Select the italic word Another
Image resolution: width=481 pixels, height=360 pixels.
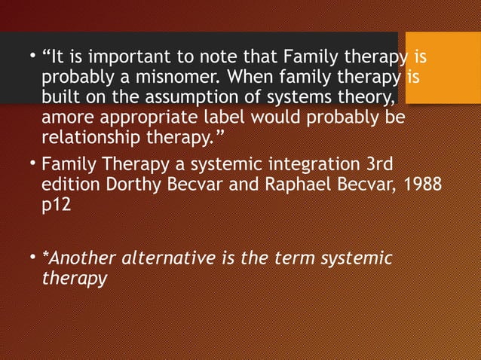74,259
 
